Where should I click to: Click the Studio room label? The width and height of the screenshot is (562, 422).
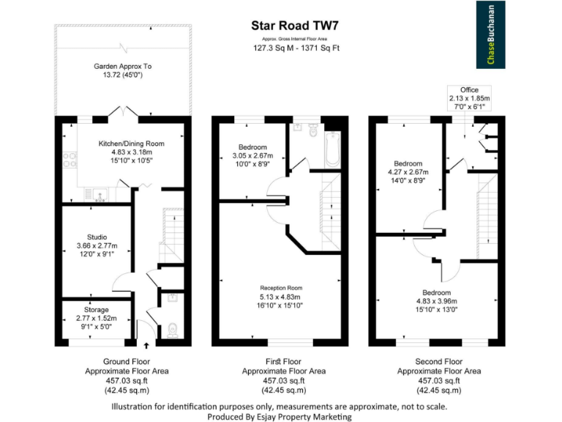coord(97,237)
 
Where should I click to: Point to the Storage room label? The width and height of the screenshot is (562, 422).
coord(97,310)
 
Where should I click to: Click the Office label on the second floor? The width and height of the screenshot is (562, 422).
coord(470,89)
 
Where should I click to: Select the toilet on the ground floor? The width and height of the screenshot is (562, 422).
coord(173,330)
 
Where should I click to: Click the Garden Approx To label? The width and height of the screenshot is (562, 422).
coord(123,66)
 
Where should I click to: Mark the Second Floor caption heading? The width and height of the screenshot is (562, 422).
coord(438,361)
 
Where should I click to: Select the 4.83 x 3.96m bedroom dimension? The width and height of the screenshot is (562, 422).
coord(436,300)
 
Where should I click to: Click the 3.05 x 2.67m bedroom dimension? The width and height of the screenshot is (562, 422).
coord(253,155)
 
